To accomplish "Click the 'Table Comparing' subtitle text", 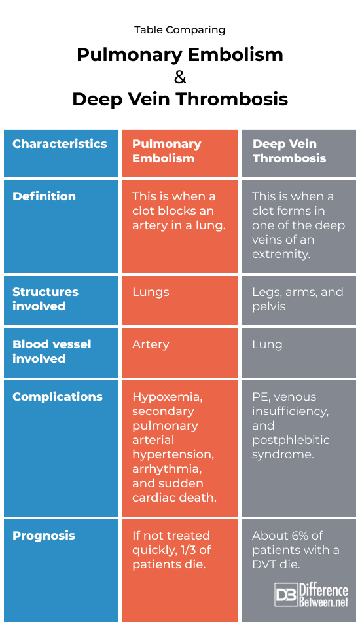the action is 179,30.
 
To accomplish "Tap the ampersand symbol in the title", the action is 180,77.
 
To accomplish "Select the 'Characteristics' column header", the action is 60,143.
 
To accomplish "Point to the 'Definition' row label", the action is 44,196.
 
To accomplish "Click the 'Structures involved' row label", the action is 45,299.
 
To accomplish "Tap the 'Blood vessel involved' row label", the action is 52,352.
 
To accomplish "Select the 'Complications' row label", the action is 58,396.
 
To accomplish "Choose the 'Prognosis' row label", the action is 43,536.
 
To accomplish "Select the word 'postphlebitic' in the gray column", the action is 291,440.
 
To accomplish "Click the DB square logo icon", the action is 286,595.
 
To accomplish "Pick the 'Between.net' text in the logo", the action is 324,602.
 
